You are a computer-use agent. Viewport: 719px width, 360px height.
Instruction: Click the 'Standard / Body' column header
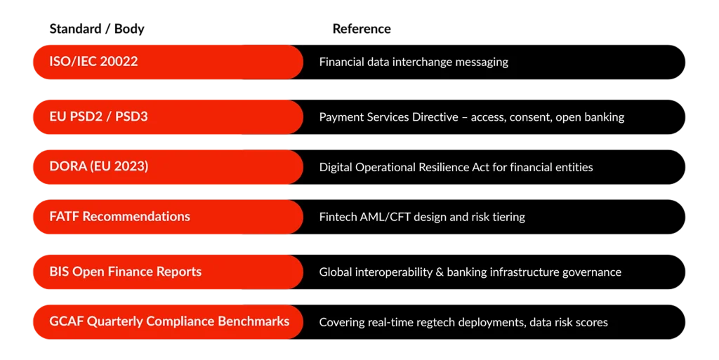[x=97, y=29]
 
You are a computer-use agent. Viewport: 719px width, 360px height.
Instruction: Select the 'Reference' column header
[x=362, y=29]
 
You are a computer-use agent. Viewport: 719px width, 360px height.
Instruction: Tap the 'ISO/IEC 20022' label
[x=93, y=61]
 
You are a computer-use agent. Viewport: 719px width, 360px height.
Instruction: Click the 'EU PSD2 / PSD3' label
[x=98, y=116]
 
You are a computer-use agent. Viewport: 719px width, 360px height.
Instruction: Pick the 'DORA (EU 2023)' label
[x=99, y=166]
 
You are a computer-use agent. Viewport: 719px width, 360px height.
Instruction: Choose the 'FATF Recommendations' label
[x=119, y=216]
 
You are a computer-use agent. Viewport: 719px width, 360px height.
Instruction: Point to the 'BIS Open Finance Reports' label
[x=126, y=272]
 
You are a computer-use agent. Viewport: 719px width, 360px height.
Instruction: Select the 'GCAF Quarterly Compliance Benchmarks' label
[x=170, y=321]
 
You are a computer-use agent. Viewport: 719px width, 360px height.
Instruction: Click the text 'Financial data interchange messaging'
[x=414, y=62]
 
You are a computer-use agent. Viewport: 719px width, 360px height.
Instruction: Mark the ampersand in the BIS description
[x=440, y=272]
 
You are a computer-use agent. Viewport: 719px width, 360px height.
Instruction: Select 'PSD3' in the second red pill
[x=131, y=116]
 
